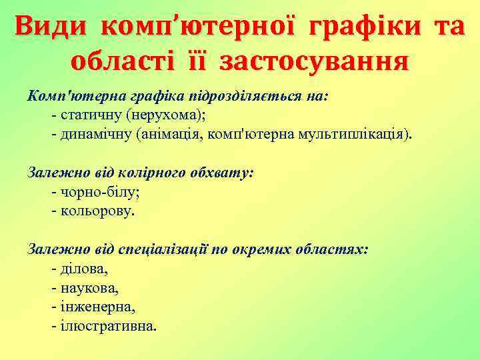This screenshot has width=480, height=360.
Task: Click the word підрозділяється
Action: pyautogui.click(x=229, y=95)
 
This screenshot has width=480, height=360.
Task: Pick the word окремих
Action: pyautogui.click(x=269, y=250)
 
